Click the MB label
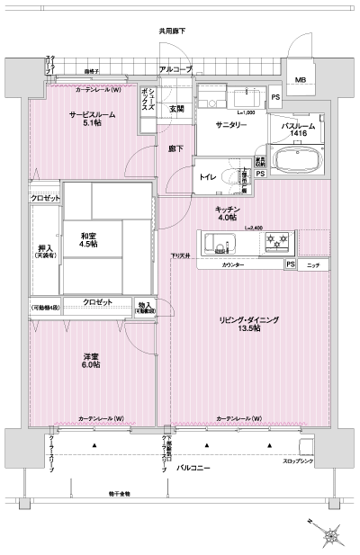pos(300,80)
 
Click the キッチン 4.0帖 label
pos(225,213)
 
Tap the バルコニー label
pos(193,469)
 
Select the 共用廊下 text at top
pos(172,31)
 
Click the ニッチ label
pos(312,265)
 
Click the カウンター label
pos(233,265)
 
